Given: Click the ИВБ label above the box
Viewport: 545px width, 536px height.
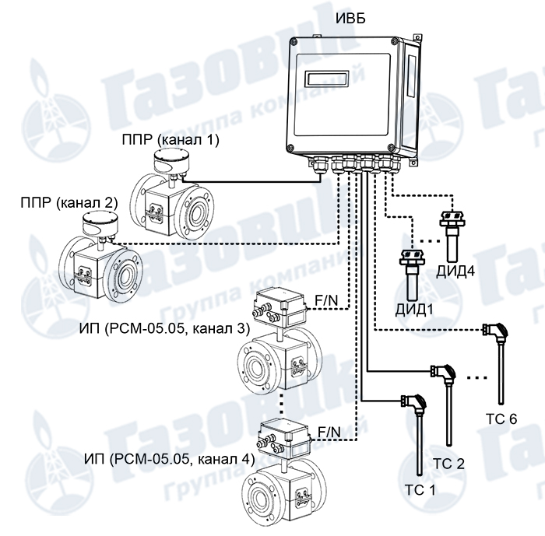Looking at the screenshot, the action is pos(350,18).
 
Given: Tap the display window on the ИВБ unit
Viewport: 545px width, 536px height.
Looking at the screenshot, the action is pos(327,79).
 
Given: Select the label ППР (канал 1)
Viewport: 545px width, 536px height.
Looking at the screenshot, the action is pos(171,140).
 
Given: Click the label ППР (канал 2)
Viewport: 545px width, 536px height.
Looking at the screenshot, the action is pos(69,202).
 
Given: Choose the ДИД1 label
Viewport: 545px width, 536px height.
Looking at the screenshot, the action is pos(414,309).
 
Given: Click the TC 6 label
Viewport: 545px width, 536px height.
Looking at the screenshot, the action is pos(501,419).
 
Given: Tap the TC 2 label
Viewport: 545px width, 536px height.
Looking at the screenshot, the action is pos(448,464).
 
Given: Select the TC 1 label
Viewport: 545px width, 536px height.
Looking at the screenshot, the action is pos(420,490).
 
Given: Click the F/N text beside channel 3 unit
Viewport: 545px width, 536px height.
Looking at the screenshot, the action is pos(326,300).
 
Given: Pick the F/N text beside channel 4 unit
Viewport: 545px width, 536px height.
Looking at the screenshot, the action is pos(329,432).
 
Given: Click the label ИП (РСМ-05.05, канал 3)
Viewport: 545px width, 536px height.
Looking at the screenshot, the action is pos(164,328).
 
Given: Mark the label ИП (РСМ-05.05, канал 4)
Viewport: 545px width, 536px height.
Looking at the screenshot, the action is pos(169,460).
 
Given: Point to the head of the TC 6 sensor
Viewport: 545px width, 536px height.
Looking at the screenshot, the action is pos(494,330).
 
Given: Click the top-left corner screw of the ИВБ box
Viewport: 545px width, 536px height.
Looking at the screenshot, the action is pos(294,41).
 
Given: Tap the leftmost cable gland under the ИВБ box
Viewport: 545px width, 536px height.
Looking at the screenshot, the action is pos(318,165).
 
